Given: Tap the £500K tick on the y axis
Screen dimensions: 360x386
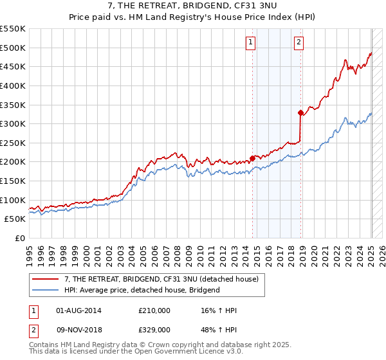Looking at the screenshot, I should [x=13, y=48].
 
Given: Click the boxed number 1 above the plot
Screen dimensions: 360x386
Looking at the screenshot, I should [x=250, y=43].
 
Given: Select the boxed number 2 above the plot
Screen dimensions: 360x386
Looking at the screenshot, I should [x=300, y=43].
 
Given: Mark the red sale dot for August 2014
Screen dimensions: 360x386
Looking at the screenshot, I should [x=252, y=157].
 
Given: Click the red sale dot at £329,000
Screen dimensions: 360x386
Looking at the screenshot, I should [x=300, y=113].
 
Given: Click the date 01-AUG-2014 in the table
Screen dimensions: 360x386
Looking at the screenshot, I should [x=79, y=310].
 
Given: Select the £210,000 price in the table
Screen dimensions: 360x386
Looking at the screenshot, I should [x=154, y=310].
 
